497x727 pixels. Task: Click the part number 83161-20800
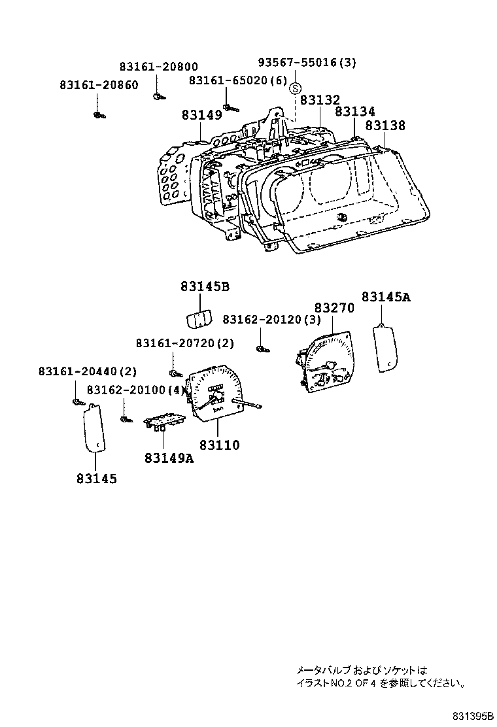[158, 67]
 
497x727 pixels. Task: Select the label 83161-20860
[99, 85]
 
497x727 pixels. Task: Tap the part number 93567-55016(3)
[307, 63]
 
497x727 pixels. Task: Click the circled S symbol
[296, 88]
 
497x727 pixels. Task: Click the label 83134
[354, 112]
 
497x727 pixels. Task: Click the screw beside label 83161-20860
[98, 116]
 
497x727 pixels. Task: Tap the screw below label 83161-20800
[158, 97]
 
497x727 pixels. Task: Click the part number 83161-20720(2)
[185, 343]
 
